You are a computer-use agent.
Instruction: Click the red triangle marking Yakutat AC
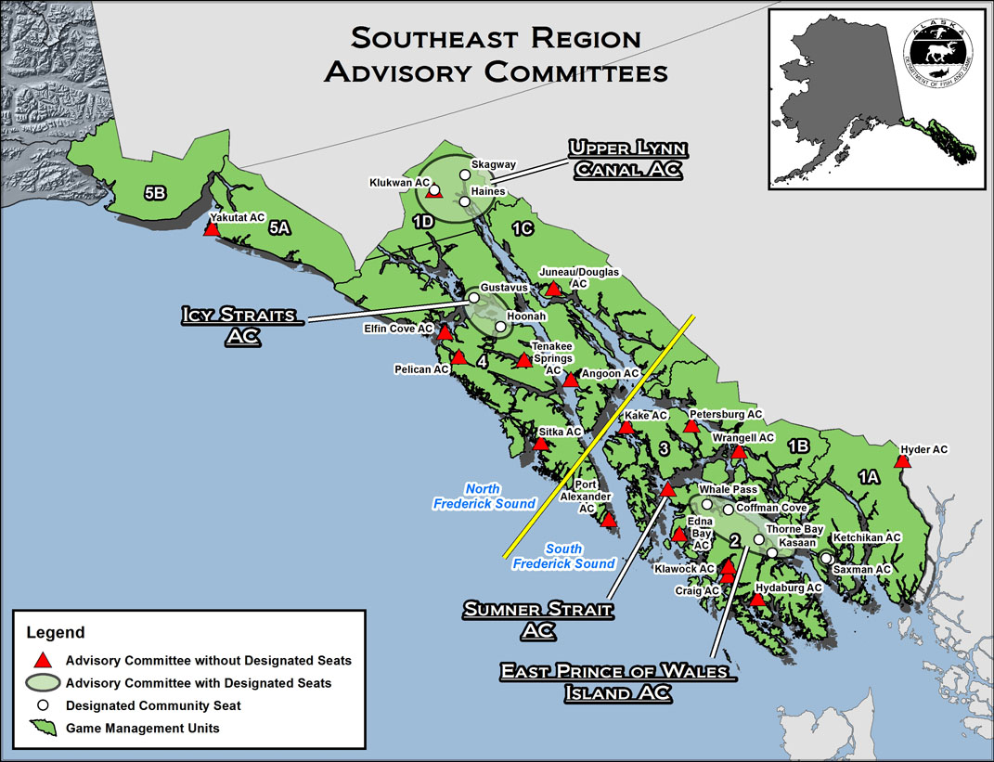tap(212, 229)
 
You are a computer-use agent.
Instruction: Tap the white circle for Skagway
tap(465, 174)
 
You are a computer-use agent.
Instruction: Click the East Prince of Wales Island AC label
tap(619, 681)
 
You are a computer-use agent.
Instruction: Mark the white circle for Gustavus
tap(473, 298)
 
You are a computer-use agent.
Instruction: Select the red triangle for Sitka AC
tap(540, 445)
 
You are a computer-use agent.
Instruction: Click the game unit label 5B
tap(155, 193)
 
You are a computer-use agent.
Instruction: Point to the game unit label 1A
tap(868, 477)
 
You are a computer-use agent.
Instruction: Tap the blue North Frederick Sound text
tap(484, 496)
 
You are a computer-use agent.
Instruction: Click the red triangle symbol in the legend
tap(42, 661)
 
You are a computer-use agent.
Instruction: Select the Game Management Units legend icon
tap(42, 728)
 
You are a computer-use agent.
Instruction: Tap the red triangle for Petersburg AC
tap(691, 427)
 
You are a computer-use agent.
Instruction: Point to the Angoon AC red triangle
tap(570, 380)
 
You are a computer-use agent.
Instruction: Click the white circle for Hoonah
tap(501, 327)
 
